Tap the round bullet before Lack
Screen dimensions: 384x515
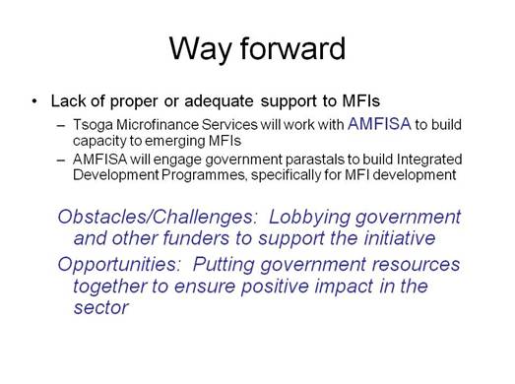tap(35, 101)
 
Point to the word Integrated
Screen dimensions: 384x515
tap(421, 160)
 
